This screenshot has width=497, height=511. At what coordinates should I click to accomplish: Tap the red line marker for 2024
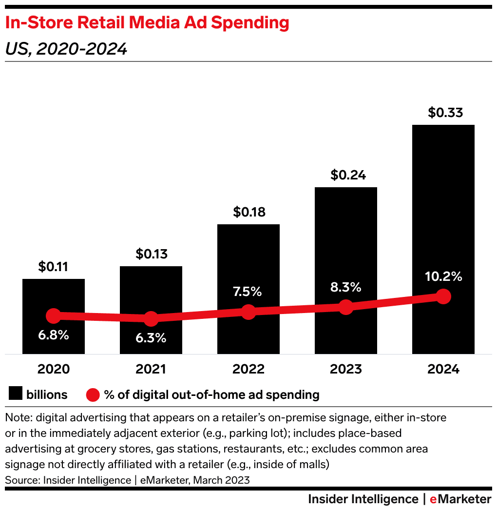(443, 296)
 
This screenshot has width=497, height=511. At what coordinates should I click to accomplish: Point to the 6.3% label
(151, 338)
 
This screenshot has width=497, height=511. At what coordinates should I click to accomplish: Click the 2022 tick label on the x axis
(248, 369)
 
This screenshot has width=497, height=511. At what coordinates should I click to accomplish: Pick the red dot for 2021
(151, 319)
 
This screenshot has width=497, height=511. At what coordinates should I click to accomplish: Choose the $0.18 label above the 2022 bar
(248, 212)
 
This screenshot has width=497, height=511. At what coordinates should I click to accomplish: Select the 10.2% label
(443, 276)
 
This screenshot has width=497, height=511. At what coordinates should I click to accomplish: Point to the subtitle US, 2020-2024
(66, 49)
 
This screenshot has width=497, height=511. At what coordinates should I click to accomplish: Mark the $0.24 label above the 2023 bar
(346, 175)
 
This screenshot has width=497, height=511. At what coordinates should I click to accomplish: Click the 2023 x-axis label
(346, 369)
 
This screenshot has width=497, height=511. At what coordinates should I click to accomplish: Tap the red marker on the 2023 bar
(346, 307)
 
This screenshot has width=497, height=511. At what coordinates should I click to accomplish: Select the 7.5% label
(248, 292)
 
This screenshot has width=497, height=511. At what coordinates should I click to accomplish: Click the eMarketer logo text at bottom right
(460, 499)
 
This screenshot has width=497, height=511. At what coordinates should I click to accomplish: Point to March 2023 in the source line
(222, 480)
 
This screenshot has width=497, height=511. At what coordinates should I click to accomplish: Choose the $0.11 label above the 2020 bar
(54, 267)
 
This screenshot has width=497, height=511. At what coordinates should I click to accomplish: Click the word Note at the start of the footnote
(18, 418)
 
